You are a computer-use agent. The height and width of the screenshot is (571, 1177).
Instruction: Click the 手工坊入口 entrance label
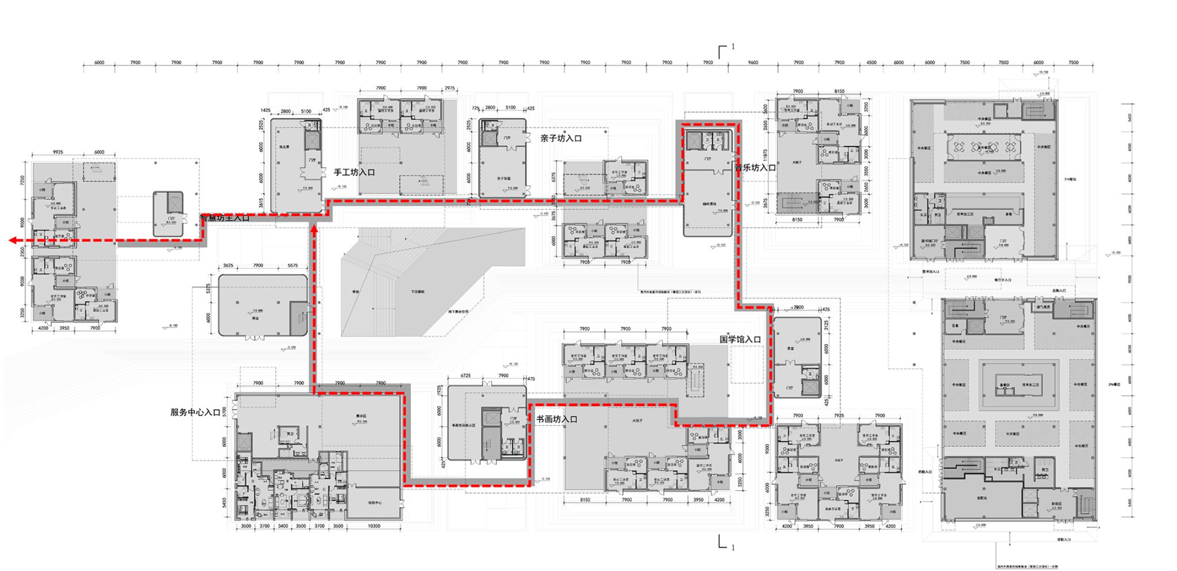[354, 172]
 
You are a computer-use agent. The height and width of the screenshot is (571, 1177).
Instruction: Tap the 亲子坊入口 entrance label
[560, 139]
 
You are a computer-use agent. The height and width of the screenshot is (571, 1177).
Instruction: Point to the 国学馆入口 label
[740, 339]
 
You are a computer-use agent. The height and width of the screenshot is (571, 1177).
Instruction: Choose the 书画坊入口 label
[556, 419]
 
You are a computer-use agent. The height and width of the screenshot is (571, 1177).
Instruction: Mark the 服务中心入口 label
[195, 413]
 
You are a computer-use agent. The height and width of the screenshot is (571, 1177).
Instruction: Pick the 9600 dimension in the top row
[753, 62]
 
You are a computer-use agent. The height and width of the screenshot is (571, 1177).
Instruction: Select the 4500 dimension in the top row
[871, 62]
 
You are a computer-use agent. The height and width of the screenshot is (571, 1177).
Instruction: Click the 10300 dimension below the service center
[373, 526]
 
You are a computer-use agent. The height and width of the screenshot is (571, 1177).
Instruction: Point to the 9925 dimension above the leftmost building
[58, 152]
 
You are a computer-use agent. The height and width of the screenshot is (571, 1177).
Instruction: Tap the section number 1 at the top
[733, 47]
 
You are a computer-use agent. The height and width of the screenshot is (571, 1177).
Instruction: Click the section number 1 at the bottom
[733, 548]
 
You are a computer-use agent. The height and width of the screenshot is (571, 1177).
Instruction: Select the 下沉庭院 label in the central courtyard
[417, 292]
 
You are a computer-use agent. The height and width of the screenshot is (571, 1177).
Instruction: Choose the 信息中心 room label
[375, 502]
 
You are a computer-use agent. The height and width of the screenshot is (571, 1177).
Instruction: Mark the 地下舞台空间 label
[458, 311]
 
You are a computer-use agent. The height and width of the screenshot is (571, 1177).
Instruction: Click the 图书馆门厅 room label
[929, 241]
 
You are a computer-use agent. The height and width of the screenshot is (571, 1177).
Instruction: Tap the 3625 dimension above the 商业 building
[228, 265]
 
